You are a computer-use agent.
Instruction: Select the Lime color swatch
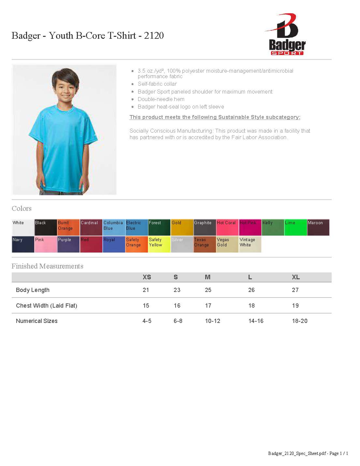[x=295, y=227]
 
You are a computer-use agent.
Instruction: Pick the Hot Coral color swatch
[x=227, y=227]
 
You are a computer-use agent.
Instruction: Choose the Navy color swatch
[x=23, y=244]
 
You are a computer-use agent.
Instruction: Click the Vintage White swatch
[x=250, y=244]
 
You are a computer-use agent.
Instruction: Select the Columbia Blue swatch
[x=114, y=227]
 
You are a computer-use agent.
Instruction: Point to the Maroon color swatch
[x=318, y=227]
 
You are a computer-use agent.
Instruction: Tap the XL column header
[x=295, y=277]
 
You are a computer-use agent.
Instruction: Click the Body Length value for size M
[x=208, y=290]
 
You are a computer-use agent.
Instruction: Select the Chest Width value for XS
[x=146, y=305]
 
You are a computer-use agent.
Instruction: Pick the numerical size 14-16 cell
[x=256, y=321]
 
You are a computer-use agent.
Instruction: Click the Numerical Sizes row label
[x=36, y=321]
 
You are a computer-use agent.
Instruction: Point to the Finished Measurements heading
[x=47, y=266]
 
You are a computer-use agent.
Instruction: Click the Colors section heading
[x=22, y=208]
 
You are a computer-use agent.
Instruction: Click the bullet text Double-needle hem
[x=161, y=99]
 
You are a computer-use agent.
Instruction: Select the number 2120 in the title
[x=154, y=35]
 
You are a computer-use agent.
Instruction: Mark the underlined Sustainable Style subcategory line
[x=215, y=117]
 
